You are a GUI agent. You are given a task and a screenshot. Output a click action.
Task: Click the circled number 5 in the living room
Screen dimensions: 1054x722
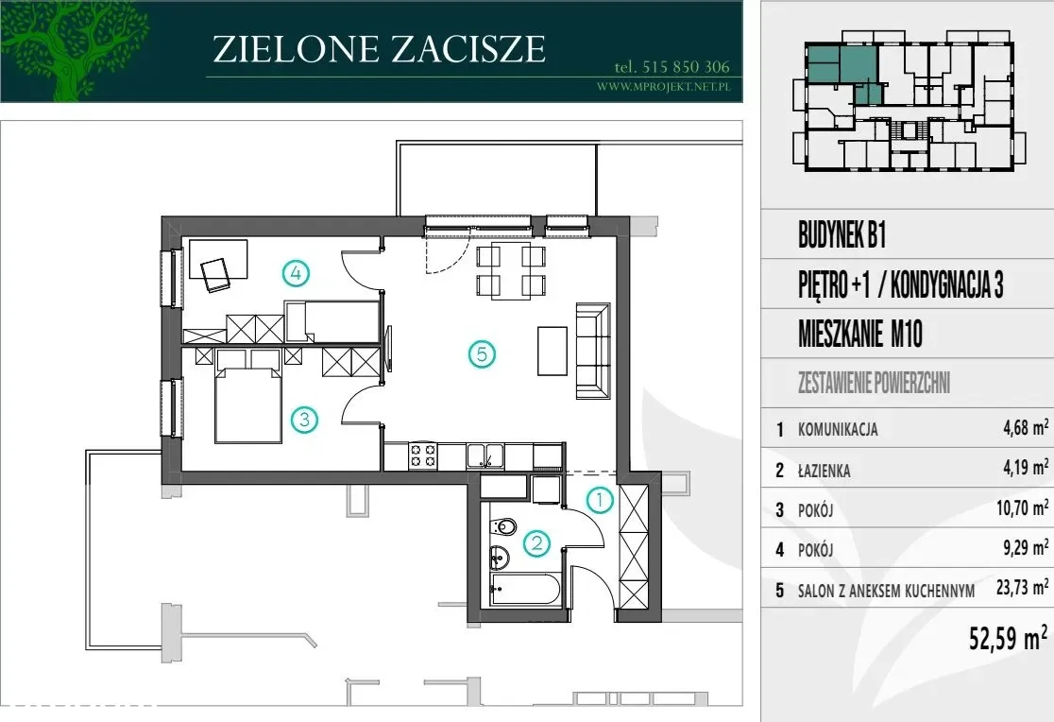(x=482, y=354)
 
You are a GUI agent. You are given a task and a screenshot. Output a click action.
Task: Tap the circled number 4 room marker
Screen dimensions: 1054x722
(x=296, y=273)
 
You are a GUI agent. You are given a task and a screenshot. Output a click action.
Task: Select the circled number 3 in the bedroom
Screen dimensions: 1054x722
(x=304, y=420)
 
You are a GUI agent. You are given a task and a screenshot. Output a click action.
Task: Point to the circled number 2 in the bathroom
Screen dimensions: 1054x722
(x=537, y=542)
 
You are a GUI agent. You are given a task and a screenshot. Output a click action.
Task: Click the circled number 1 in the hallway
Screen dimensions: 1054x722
(x=600, y=500)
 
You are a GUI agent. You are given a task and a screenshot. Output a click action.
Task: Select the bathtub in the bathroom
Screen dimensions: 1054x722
(x=526, y=589)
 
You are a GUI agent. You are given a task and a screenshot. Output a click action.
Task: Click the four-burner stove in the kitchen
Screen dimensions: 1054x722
(x=423, y=456)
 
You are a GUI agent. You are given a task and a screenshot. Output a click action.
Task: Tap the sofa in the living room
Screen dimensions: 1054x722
(x=592, y=351)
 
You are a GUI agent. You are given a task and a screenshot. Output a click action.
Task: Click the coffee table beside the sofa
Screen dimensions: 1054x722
(x=552, y=351)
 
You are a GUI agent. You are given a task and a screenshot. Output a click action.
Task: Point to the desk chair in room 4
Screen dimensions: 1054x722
(x=215, y=275)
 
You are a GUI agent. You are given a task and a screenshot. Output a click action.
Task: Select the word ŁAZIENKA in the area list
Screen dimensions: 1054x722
(x=824, y=471)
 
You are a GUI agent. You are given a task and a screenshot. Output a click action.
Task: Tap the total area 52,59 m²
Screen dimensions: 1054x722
(x=1008, y=637)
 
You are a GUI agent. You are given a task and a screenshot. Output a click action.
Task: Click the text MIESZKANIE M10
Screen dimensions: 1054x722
(x=860, y=334)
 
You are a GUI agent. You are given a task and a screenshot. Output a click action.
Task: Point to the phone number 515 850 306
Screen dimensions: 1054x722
(x=686, y=66)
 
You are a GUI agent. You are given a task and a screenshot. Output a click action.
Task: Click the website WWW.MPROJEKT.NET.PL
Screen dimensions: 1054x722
(x=663, y=86)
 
